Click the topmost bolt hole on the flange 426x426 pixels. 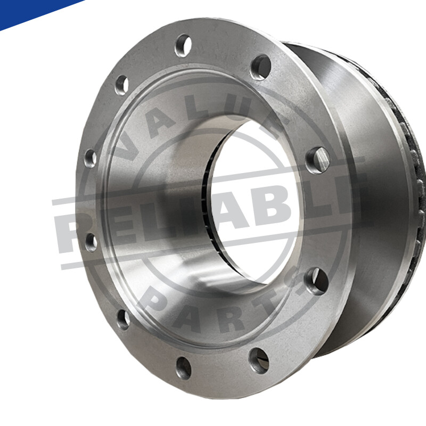pyautogui.click(x=183, y=45)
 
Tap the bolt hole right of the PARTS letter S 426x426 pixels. pyautogui.click(x=316, y=281)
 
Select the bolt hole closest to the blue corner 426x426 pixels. pyautogui.click(x=122, y=84)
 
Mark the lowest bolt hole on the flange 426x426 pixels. pyautogui.click(x=183, y=367)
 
